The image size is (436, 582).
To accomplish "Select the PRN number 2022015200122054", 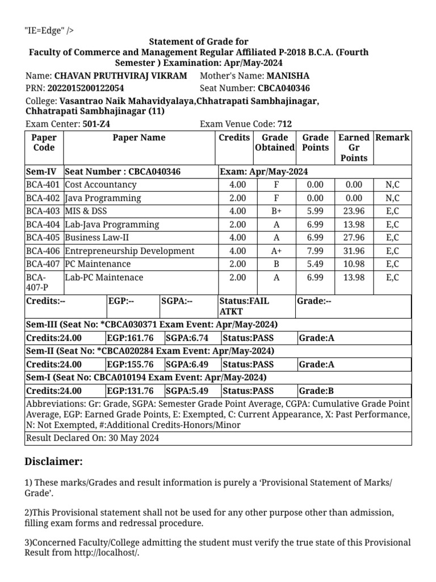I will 85,88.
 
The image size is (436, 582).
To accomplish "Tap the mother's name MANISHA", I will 288,75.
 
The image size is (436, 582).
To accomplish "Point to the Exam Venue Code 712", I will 284,124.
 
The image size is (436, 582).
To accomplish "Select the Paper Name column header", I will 139,138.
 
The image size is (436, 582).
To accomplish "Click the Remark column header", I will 392,138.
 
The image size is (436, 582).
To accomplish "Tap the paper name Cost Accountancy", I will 100,185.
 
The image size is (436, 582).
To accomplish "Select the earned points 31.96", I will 353,251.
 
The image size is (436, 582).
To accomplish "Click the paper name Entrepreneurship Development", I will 129,251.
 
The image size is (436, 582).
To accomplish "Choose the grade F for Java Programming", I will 276,198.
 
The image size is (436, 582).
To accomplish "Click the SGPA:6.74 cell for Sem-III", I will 179,338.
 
